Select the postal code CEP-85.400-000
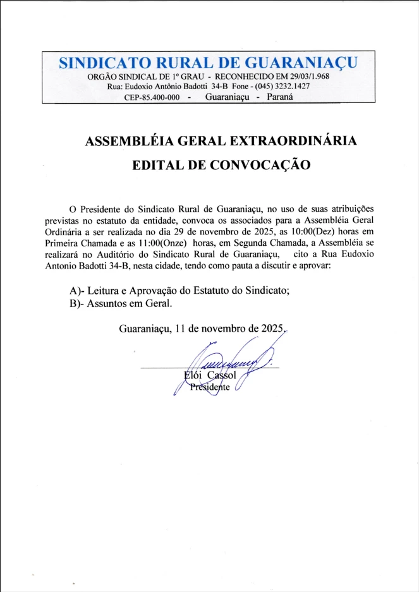[x=152, y=97]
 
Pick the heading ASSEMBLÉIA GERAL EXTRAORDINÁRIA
[x=221, y=141]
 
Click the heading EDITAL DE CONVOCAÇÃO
[x=221, y=165]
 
